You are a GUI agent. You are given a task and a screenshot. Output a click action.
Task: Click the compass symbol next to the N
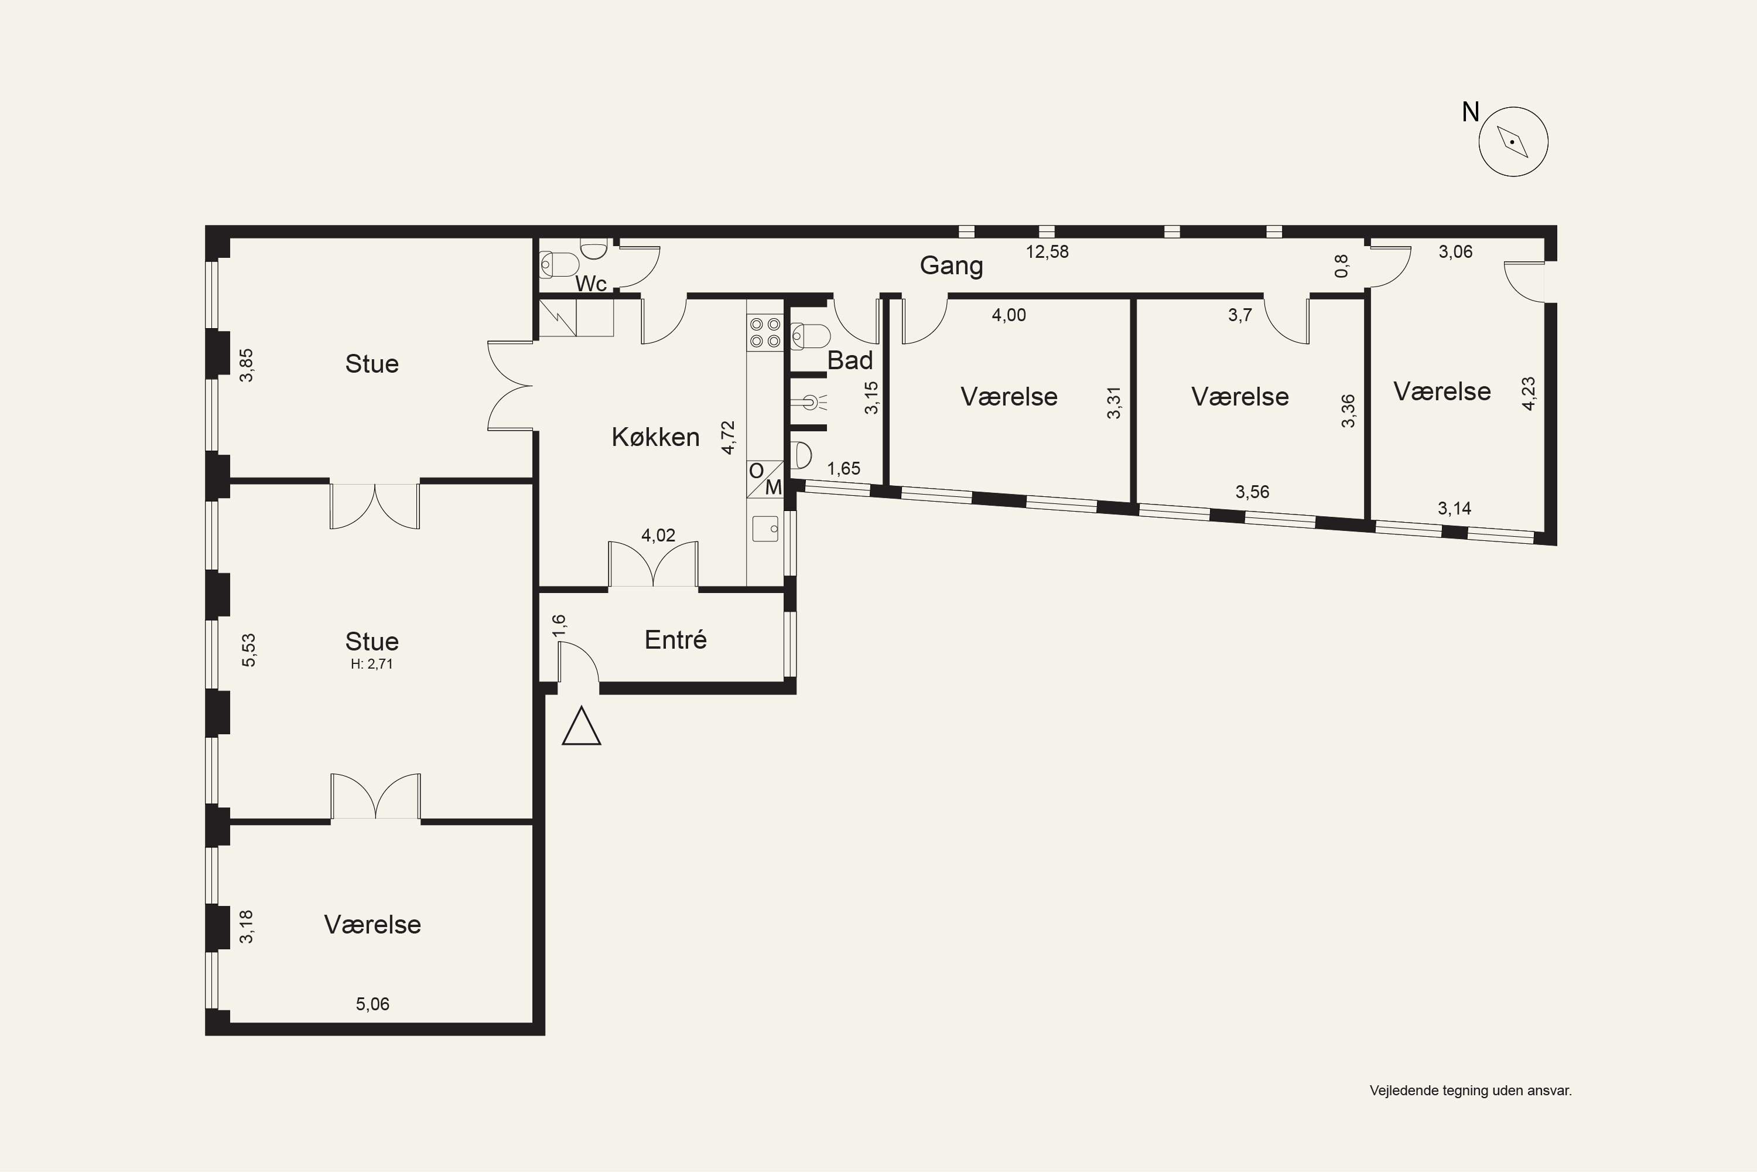[1513, 142]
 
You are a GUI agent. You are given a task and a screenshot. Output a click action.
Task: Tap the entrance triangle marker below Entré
[581, 727]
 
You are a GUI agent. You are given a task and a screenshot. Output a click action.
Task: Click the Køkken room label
[655, 437]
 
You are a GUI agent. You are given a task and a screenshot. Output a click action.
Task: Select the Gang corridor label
[951, 265]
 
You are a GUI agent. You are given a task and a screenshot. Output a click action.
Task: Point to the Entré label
[675, 639]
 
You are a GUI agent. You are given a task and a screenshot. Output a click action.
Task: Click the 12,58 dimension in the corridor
[1047, 252]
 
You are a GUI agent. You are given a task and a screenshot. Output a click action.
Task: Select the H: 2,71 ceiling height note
[372, 664]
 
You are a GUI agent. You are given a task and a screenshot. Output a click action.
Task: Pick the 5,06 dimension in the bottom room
[372, 1004]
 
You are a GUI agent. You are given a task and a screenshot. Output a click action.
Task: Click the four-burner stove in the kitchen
[765, 333]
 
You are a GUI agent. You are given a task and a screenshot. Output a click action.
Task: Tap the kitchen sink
[765, 529]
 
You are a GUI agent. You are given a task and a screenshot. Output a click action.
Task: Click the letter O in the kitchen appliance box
[756, 471]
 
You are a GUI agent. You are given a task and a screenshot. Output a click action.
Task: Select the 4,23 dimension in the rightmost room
[1529, 393]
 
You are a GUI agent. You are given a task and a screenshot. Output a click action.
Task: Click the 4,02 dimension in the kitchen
[658, 535]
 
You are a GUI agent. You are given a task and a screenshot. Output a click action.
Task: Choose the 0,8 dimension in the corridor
[1342, 266]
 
